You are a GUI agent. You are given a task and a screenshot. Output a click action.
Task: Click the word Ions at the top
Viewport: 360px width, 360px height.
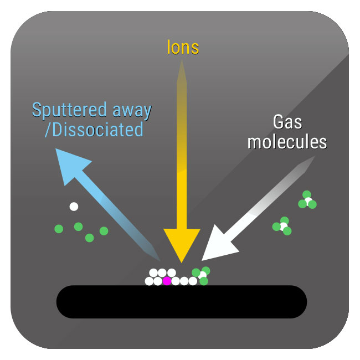pyautogui.click(x=183, y=48)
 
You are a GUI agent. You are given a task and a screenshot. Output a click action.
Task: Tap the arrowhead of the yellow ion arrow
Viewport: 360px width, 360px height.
pyautogui.click(x=181, y=244)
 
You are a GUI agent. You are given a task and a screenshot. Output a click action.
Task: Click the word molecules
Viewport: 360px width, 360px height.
pyautogui.click(x=287, y=142)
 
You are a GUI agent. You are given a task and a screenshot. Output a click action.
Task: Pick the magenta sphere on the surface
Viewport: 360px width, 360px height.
pyautogui.click(x=167, y=281)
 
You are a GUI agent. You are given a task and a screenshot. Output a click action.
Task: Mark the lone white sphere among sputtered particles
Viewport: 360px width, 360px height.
pyautogui.click(x=74, y=207)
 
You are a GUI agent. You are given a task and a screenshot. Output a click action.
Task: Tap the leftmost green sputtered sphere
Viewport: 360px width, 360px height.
pyautogui.click(x=59, y=228)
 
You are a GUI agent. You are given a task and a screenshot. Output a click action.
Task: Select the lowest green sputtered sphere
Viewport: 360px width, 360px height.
pyautogui.click(x=89, y=238)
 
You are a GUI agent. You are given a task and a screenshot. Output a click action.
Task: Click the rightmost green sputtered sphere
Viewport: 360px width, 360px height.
pyautogui.click(x=104, y=230)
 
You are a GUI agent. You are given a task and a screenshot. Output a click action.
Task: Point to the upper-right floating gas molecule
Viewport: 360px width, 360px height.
pyautogui.click(x=307, y=200)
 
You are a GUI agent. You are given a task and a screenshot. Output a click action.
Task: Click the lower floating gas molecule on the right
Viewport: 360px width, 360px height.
pyautogui.click(x=283, y=226)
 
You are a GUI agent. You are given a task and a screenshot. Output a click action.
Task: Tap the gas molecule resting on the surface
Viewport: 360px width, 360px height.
pyautogui.click(x=201, y=275)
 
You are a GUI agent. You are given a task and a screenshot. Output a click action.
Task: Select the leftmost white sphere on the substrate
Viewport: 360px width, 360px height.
pyautogui.click(x=149, y=281)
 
